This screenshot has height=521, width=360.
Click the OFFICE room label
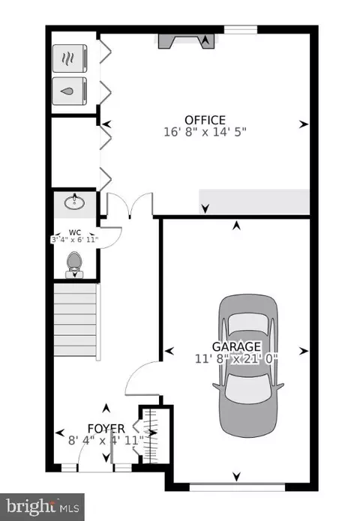pyautogui.click(x=205, y=120)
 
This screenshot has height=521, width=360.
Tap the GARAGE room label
pyautogui.click(x=236, y=346)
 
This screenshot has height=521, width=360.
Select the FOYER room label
pyautogui.click(x=106, y=429)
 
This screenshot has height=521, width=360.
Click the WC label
pyautogui.click(x=75, y=232)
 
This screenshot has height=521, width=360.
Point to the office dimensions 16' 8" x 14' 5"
pyautogui.click(x=205, y=132)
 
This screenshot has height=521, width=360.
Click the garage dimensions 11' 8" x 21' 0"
pyautogui.click(x=236, y=359)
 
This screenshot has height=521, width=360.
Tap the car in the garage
pyautogui.click(x=248, y=366)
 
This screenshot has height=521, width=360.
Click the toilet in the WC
pyautogui.click(x=74, y=265)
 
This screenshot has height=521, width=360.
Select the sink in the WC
pyautogui.click(x=74, y=202)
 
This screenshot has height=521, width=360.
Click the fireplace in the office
pyautogui.click(x=186, y=41)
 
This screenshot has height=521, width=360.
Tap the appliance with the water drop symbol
pyautogui.click(x=70, y=91)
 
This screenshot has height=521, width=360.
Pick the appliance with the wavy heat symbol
pyautogui.click(x=70, y=58)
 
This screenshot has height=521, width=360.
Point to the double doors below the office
pyautogui.click(x=130, y=205)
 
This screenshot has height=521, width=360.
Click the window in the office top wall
pyautogui.click(x=241, y=30)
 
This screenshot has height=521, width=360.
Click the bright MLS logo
pyautogui.click(x=42, y=508)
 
